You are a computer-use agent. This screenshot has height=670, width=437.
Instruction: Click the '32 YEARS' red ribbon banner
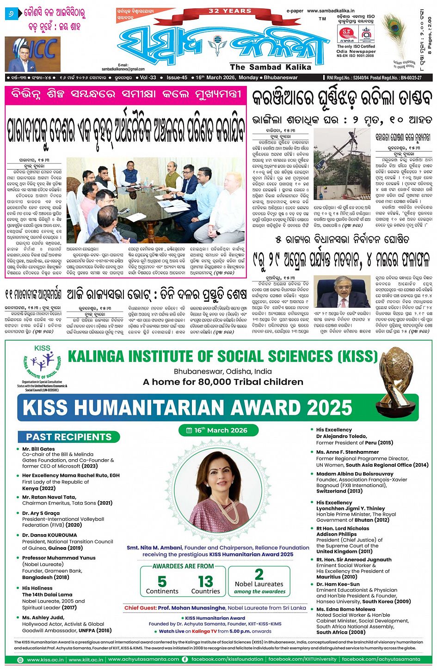[x=229, y=11]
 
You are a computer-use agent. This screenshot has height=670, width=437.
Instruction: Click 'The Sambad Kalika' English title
[x=262, y=67]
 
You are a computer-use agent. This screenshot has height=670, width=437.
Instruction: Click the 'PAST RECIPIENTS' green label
[x=69, y=437]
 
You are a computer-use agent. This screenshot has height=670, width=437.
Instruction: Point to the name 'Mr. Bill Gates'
[x=38, y=449]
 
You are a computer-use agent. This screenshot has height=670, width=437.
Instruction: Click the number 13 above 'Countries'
[x=205, y=581]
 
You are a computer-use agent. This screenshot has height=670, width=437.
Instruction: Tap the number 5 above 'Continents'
[x=162, y=581]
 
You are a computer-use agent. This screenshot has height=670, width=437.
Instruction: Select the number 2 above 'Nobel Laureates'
[x=259, y=574]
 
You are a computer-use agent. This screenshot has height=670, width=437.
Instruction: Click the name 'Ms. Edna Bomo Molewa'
[x=345, y=609]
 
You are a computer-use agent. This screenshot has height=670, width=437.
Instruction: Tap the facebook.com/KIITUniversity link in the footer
[x=302, y=659]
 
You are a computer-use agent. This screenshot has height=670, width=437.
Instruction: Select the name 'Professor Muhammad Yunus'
[x=59, y=558]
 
